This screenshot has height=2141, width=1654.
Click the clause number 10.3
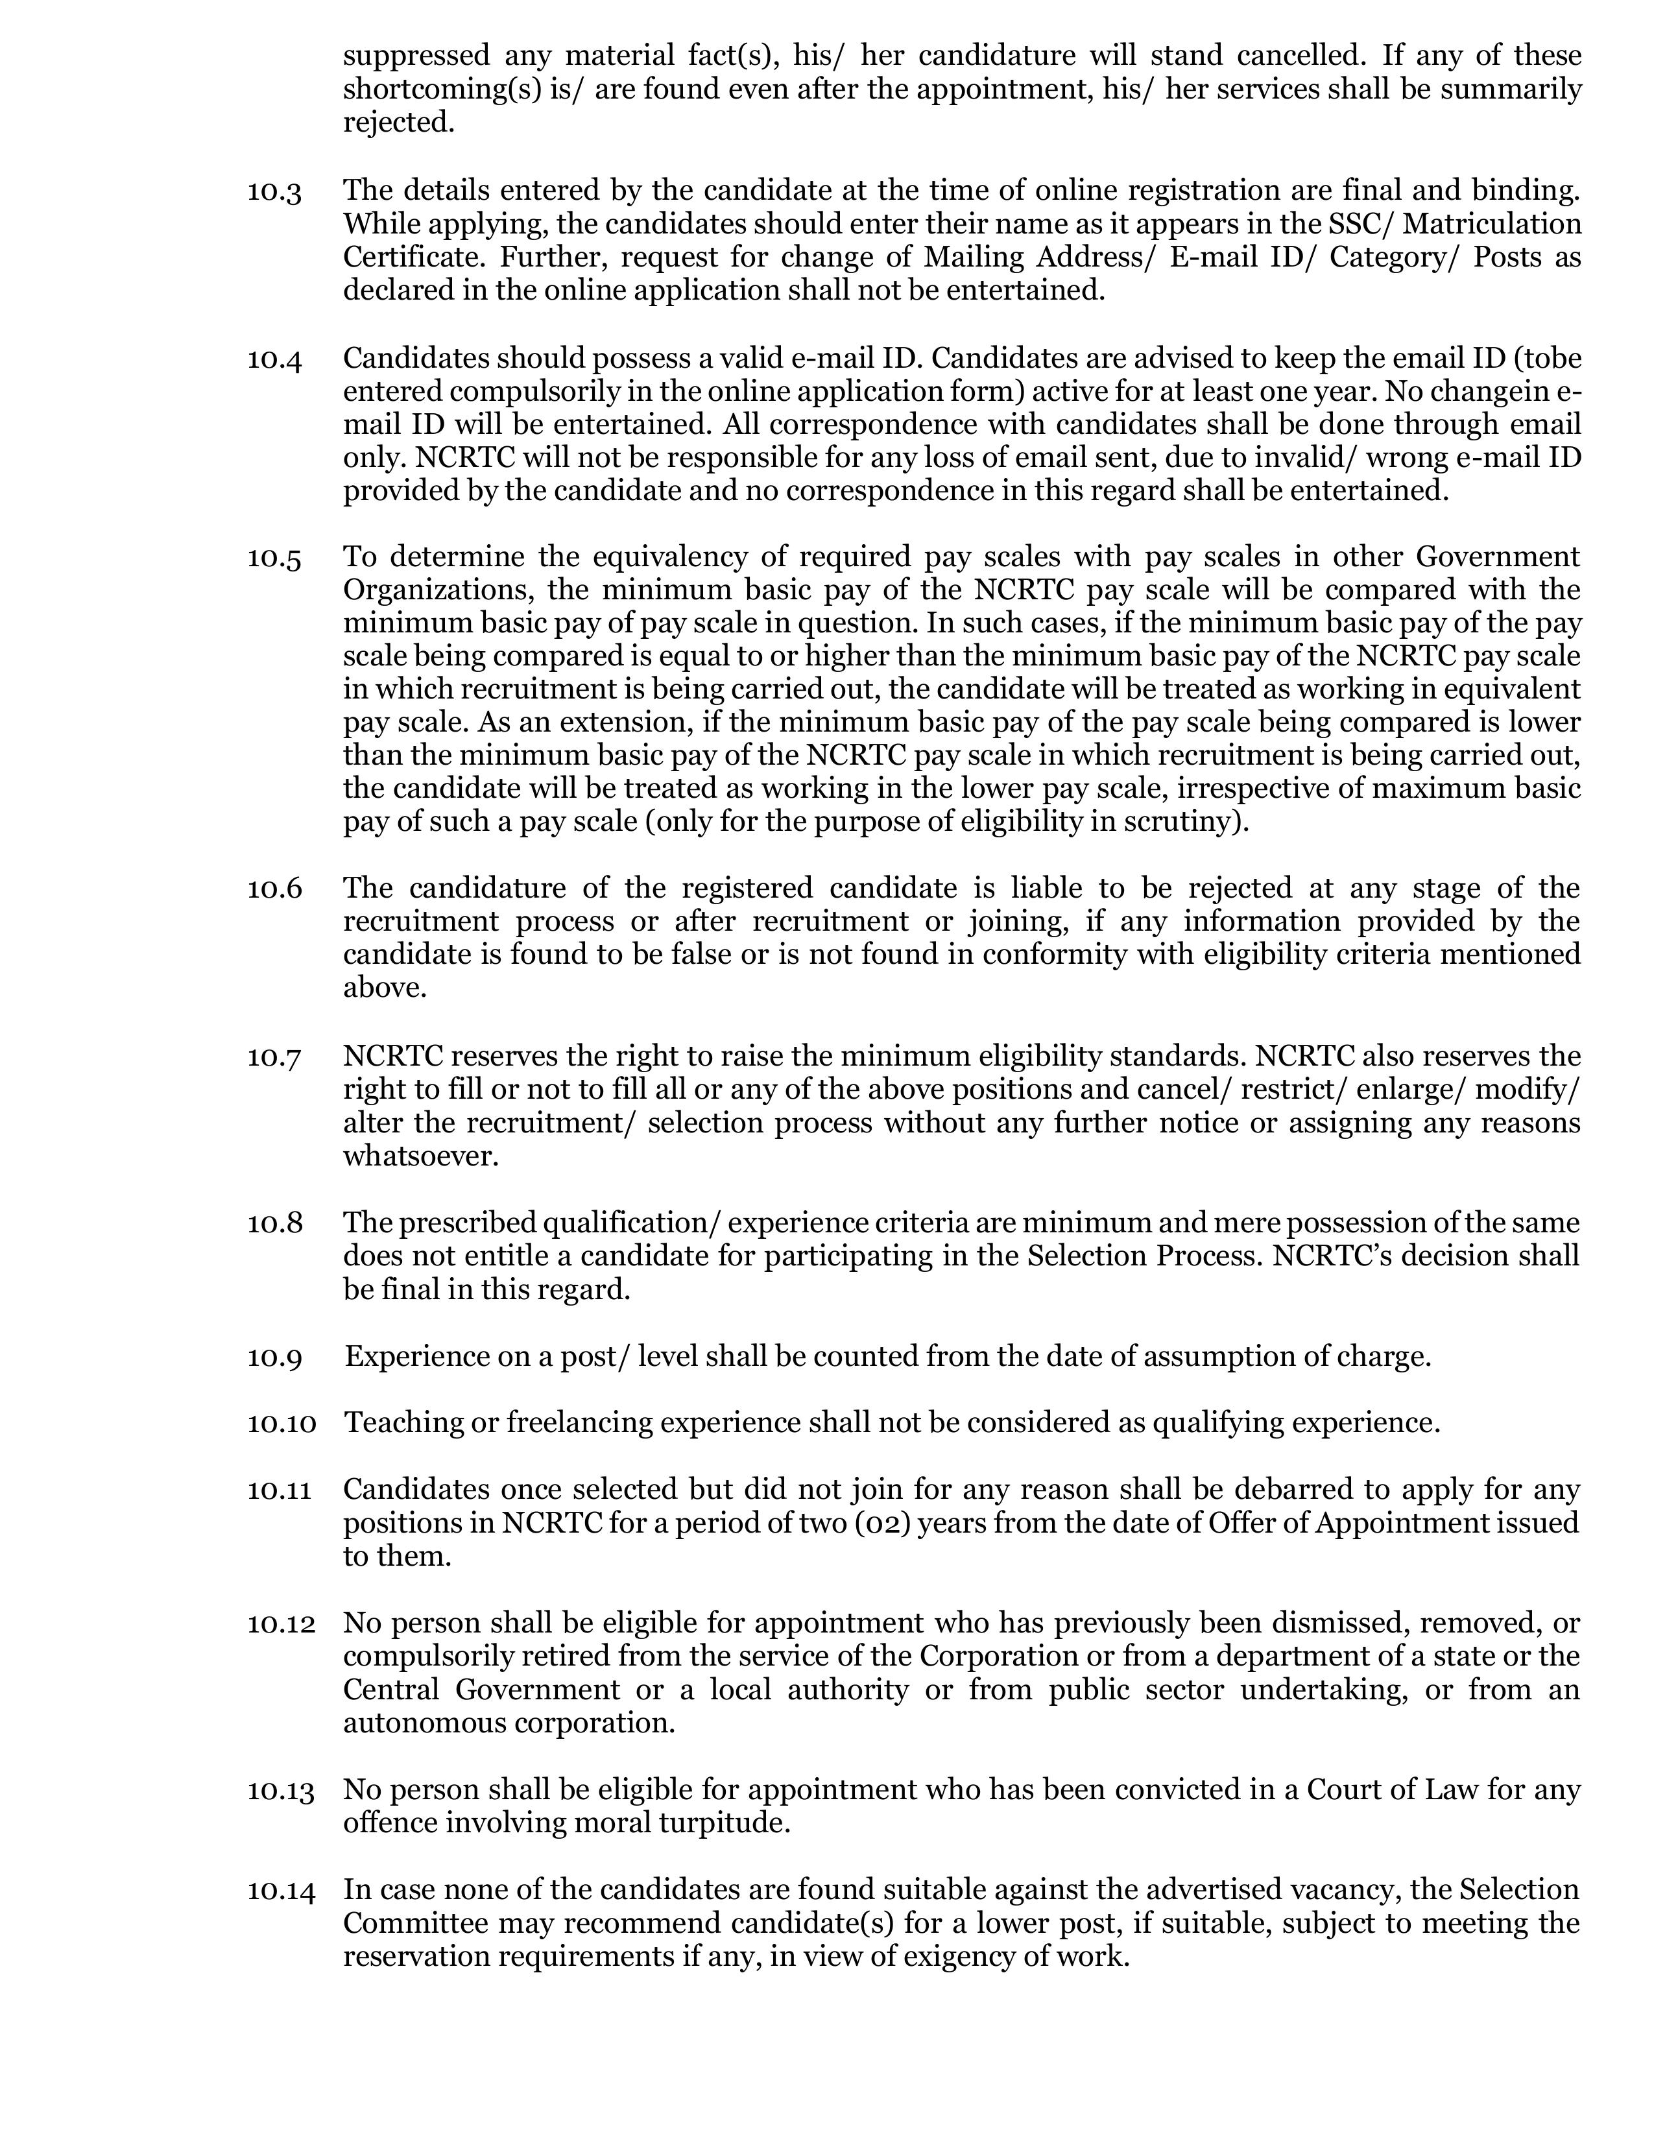[x=274, y=190]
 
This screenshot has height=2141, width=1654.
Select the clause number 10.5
[x=274, y=558]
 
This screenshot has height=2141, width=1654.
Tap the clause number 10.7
[x=274, y=1057]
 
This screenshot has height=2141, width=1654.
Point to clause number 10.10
[x=282, y=1422]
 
